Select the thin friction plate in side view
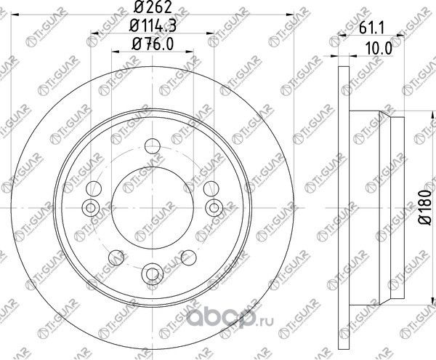pos(343,205)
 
